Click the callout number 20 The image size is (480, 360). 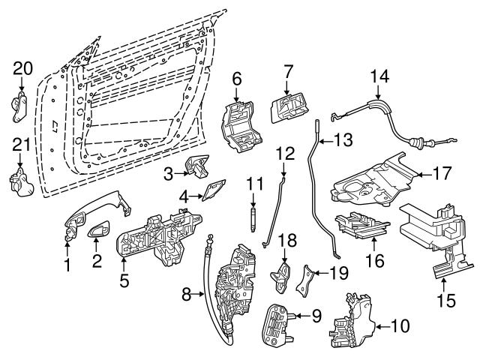pos(23,69)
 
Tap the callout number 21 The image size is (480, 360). pos(22,144)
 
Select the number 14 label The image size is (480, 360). pos(380,76)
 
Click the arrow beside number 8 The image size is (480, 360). pos(196,295)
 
